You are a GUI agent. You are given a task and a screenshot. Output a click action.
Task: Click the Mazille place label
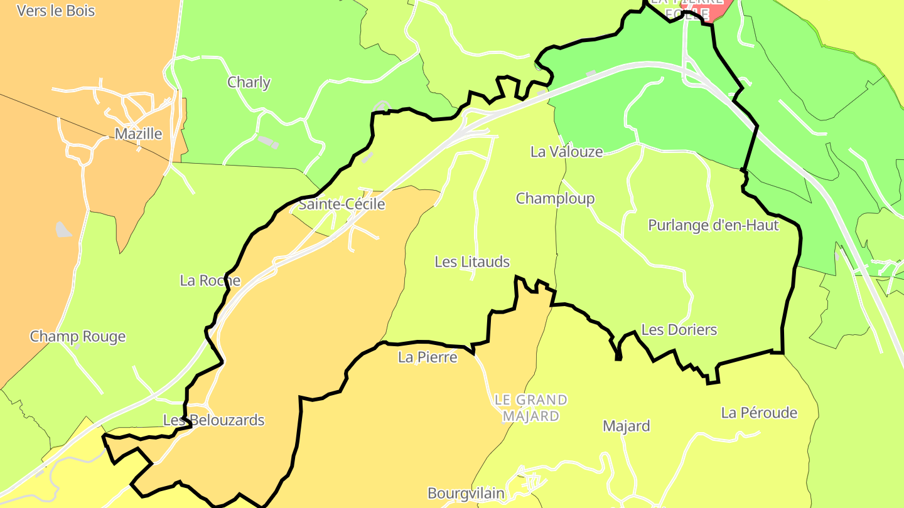pos(138,134)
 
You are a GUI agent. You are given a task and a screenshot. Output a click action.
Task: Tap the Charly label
pos(249,82)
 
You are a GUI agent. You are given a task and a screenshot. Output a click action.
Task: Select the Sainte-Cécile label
pos(342,204)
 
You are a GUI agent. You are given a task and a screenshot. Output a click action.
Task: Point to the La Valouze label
pos(566,152)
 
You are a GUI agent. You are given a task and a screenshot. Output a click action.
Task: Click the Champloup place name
pos(555,199)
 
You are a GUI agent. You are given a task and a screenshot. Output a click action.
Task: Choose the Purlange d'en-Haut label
pos(713,225)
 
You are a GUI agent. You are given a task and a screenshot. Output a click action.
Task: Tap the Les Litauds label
pos(472,262)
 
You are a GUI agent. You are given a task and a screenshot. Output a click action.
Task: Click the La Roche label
pos(210,280)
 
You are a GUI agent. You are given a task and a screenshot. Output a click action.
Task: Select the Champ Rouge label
pos(78,337)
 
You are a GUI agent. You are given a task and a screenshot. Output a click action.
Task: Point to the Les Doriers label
pos(679,330)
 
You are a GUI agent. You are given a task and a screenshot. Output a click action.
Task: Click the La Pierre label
pos(428,357)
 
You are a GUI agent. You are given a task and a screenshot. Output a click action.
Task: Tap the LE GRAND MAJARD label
pos(530,408)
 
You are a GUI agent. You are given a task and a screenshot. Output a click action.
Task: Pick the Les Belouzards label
pos(213,420)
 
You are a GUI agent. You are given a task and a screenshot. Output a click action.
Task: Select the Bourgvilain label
pos(466,494)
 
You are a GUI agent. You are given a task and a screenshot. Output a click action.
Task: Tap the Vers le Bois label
pos(56,11)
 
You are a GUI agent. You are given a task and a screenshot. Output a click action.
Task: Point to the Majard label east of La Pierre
pos(626,426)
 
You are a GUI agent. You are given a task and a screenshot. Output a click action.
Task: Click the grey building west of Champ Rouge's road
pos(63,230)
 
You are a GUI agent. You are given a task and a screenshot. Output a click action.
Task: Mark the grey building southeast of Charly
pos(268,142)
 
